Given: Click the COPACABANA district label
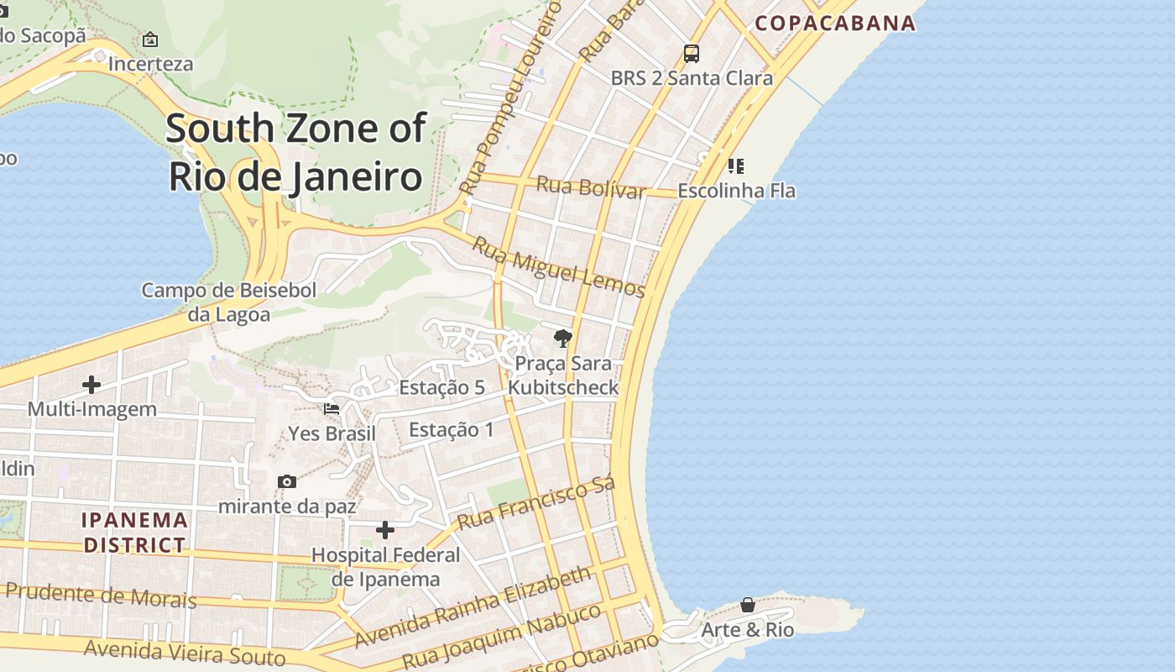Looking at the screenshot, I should coord(834,23).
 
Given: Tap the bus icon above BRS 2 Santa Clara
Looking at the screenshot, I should coord(691,54).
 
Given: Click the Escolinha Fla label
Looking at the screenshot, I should coord(736,191).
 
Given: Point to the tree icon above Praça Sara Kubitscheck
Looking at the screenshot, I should coord(563,339).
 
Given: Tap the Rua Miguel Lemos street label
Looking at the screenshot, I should coord(558,267).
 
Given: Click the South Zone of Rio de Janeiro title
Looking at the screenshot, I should coord(295,152).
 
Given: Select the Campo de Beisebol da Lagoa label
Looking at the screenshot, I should coord(228,302).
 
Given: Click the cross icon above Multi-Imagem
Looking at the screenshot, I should coord(91,385).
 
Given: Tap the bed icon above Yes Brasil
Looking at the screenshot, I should coord(332,409).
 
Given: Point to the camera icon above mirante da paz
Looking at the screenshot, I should coord(287,481).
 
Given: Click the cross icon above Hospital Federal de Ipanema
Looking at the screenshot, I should coord(385,530).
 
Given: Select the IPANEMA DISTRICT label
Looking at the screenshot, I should coord(134,533).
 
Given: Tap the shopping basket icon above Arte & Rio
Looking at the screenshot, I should coord(747,605).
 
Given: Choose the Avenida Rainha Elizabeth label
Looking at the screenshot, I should coord(473,606).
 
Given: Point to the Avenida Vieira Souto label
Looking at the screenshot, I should coord(185,651).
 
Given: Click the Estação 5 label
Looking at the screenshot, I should coord(441,387).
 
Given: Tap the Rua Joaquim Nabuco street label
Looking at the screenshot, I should coord(502,636).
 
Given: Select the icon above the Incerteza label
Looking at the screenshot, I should coord(150,39).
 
